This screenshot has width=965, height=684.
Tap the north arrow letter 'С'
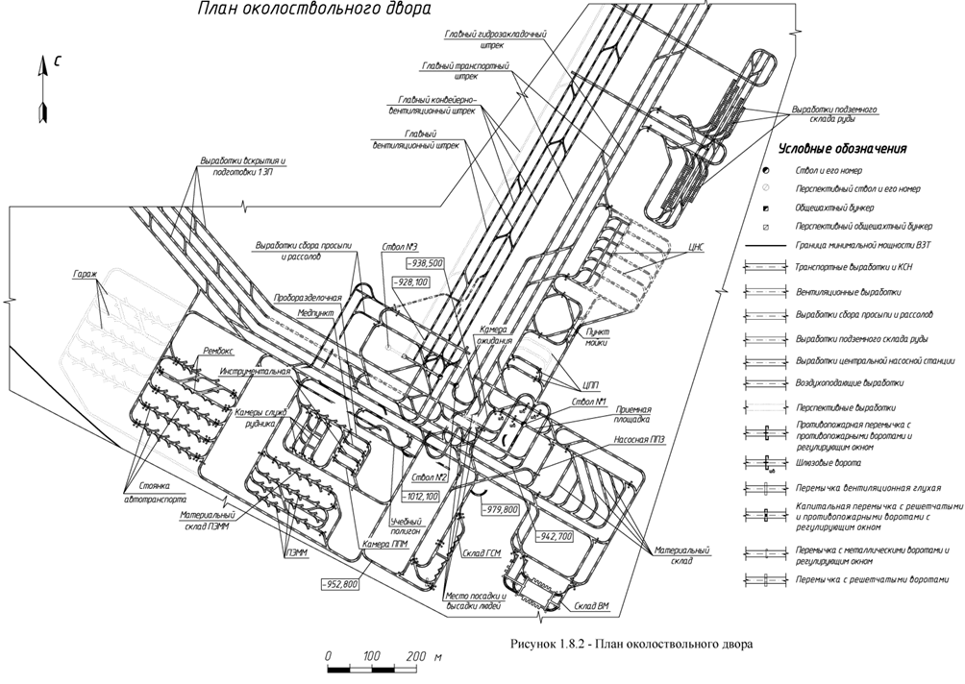tap(58, 62)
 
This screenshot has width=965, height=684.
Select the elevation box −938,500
tap(424, 262)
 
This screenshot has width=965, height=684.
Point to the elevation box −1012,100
tap(420, 496)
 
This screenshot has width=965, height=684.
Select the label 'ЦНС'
tap(698, 247)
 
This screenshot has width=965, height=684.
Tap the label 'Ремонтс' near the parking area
tap(219, 353)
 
